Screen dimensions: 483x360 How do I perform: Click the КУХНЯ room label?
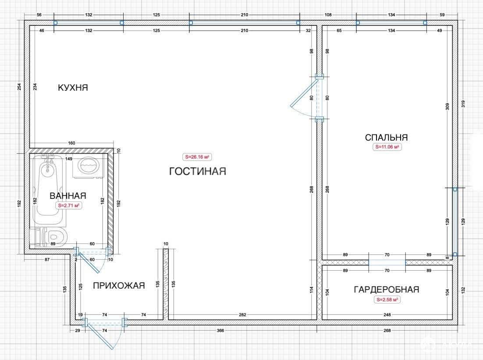(73, 88)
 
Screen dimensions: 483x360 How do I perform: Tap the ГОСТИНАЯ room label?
(198, 171)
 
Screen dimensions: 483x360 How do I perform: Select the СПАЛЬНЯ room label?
(386, 137)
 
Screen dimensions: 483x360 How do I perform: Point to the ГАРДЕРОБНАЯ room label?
(387, 289)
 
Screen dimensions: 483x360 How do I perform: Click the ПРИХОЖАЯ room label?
(119, 286)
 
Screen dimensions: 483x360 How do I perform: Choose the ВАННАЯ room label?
(68, 196)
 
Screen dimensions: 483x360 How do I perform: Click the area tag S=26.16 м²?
(197, 157)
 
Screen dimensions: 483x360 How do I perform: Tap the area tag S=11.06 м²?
(387, 147)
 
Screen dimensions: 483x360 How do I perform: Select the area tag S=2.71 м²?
(68, 205)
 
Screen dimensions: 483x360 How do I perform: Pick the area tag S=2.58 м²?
(387, 300)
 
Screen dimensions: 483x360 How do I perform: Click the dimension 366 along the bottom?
(220, 331)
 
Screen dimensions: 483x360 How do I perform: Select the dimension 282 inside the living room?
(242, 315)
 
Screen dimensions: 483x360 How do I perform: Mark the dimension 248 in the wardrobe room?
(387, 315)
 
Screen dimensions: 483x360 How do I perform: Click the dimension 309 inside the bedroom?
(447, 106)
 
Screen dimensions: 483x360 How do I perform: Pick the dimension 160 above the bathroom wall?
(71, 143)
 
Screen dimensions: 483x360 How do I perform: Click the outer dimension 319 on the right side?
(463, 104)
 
